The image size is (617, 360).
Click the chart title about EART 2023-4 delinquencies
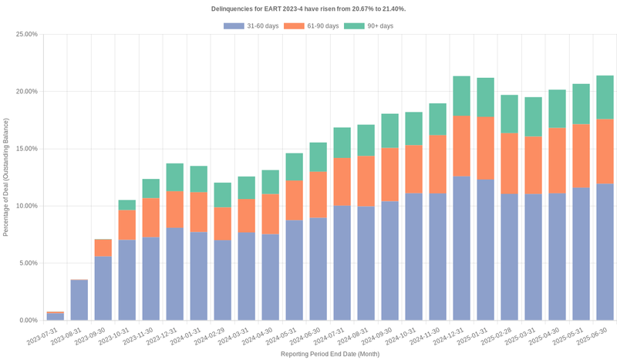[308, 8]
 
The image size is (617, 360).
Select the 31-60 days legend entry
[251, 26]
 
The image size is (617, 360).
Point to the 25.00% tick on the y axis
[26, 35]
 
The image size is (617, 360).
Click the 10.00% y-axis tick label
[26, 206]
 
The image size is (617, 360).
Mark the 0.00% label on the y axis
[28, 320]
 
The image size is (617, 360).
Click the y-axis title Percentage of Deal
[7, 177]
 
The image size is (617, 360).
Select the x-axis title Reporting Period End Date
[329, 353]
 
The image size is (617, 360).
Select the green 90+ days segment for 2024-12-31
[461, 96]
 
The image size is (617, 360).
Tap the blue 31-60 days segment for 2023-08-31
[79, 300]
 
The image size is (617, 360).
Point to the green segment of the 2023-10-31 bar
[126, 205]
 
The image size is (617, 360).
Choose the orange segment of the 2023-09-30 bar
[103, 247]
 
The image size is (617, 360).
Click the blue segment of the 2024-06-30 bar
[318, 269]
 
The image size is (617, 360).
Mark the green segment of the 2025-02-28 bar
[509, 114]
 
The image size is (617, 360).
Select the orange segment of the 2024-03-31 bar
[246, 215]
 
